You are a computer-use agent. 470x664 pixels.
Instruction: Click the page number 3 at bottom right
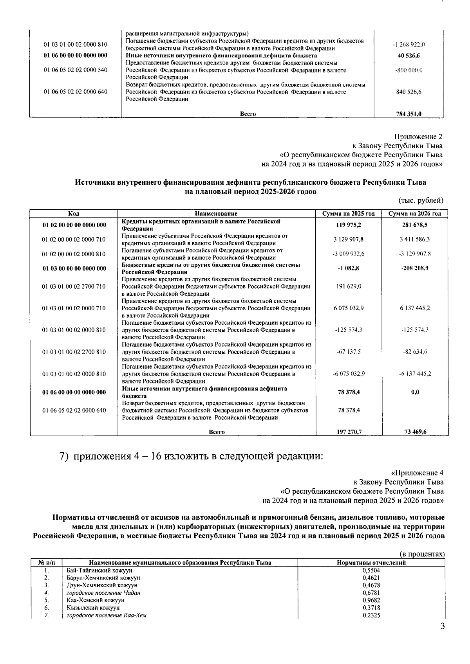pyautogui.click(x=442, y=637)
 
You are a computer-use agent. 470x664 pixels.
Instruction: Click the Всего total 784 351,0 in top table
pyautogui.click(x=409, y=114)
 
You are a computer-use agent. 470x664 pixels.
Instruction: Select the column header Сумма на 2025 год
pyautogui.click(x=348, y=214)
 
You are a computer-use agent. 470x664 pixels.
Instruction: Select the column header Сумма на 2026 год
pyautogui.click(x=414, y=214)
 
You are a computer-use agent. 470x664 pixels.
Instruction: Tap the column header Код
pyautogui.click(x=74, y=214)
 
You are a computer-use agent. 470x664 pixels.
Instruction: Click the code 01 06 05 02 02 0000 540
pyautogui.click(x=75, y=70)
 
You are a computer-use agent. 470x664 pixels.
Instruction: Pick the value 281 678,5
pyautogui.click(x=415, y=225)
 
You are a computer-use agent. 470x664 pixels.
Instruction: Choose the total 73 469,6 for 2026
pyautogui.click(x=415, y=432)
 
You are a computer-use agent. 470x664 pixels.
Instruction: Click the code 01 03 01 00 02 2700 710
pyautogui.click(x=74, y=286)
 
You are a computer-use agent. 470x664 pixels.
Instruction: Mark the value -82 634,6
pyautogui.click(x=415, y=352)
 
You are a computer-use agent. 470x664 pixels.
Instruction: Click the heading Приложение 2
pyautogui.click(x=418, y=137)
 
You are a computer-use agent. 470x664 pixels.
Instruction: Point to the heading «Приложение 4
pyautogui.click(x=417, y=473)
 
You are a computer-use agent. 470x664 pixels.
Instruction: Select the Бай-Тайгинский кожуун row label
pyautogui.click(x=99, y=570)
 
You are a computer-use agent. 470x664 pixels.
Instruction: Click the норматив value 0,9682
pyautogui.click(x=371, y=600)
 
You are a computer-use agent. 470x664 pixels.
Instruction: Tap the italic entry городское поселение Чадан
pyautogui.click(x=103, y=592)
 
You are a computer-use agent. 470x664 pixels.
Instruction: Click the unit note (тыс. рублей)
pyautogui.click(x=421, y=201)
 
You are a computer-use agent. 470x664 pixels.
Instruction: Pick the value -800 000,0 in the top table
pyautogui.click(x=409, y=70)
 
